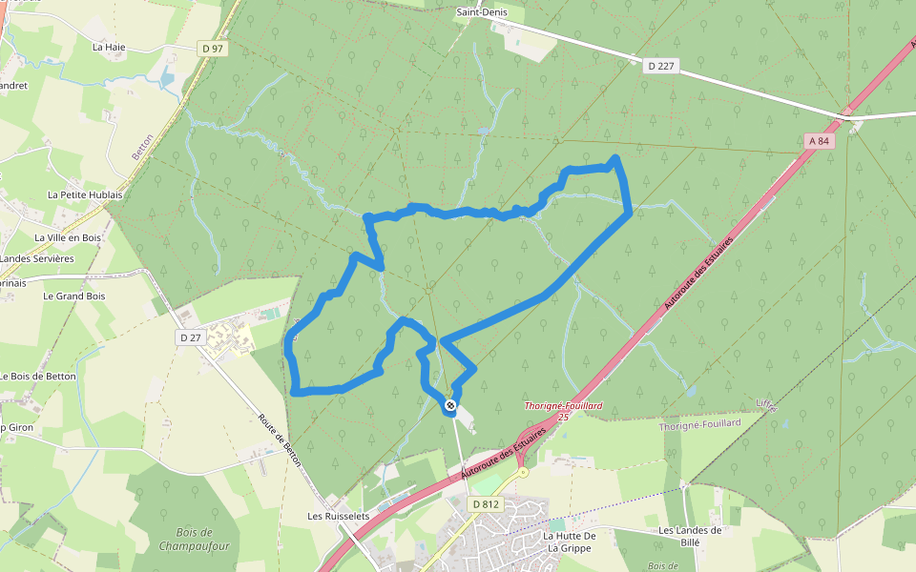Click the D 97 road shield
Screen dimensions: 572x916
tap(212, 48)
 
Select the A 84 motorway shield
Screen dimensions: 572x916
tap(818, 141)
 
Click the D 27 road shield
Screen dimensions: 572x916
tap(191, 337)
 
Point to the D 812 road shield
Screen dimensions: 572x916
tap(486, 503)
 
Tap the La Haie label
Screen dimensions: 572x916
tap(109, 46)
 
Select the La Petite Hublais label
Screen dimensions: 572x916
tap(85, 194)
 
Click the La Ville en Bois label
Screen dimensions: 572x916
tap(68, 237)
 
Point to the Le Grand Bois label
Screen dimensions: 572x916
tap(73, 296)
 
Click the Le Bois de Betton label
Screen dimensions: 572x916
tap(38, 377)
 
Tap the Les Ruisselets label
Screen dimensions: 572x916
tap(338, 516)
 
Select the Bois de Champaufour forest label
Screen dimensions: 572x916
tap(194, 539)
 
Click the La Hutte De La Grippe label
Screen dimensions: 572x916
tap(570, 541)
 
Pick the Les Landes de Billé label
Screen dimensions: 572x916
tap(690, 536)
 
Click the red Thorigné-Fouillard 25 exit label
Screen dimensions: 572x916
tap(563, 411)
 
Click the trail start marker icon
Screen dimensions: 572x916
tap(450, 406)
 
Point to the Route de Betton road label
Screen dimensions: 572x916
tap(280, 439)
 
